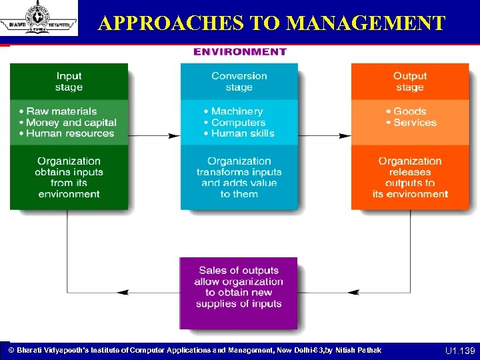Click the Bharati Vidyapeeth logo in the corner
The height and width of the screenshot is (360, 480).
coord(39,18)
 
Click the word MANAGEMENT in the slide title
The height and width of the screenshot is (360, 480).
coord(365,24)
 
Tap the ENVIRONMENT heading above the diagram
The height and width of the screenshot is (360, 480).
coord(240,52)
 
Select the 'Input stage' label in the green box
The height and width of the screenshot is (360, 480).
coord(69,82)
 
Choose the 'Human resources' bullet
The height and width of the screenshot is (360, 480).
coord(70,133)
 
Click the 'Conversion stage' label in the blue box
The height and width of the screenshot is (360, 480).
coord(239,82)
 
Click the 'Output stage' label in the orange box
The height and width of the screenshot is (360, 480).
coord(409,82)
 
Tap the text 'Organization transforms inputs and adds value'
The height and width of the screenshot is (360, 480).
coord(239,177)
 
